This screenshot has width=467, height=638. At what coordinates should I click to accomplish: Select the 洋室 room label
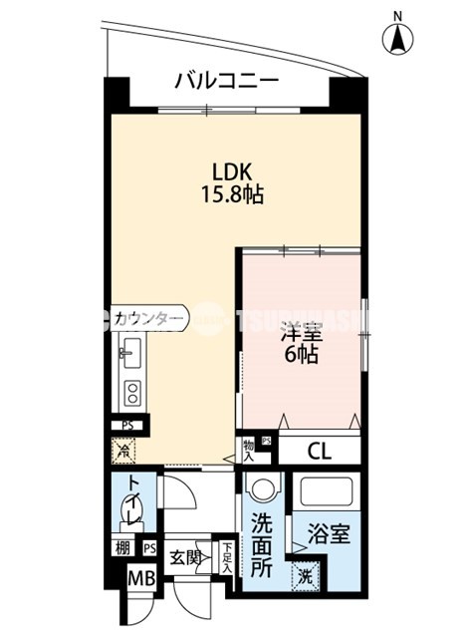click(x=300, y=329)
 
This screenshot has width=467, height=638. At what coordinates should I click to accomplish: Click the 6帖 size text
click(x=300, y=354)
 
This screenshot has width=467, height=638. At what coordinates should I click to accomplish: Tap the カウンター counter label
click(x=147, y=318)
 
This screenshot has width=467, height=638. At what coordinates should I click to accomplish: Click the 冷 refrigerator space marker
click(x=123, y=451)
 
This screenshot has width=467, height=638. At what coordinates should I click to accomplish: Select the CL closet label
click(x=318, y=451)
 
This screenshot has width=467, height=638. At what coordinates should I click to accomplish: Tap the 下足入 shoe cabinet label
click(x=228, y=554)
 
